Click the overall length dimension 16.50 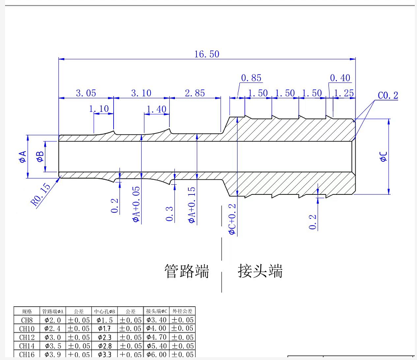click(x=206, y=54)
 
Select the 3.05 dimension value click(x=86, y=93)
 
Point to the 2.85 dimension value click(x=195, y=93)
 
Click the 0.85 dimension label click(x=251, y=78)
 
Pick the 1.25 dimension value click(x=344, y=93)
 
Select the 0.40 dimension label click(x=340, y=78)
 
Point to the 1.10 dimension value click(x=99, y=109)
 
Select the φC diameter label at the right click(x=383, y=157)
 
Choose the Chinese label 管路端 click(x=187, y=271)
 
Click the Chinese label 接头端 click(x=260, y=271)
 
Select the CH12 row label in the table click(x=26, y=338)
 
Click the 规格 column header click(x=26, y=311)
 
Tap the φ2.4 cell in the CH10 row click(x=53, y=329)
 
